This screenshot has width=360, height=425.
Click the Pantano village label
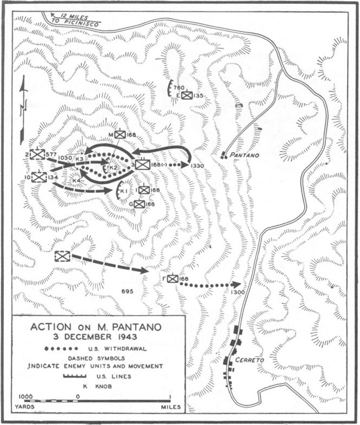245,155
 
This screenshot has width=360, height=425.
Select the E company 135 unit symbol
187,96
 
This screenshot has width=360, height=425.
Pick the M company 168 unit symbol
119,134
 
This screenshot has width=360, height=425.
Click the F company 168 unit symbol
172,279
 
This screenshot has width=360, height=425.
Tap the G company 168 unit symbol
139,204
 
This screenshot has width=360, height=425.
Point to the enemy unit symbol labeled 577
37,155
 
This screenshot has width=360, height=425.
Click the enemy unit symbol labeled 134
39,177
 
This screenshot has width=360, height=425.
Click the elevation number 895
128,292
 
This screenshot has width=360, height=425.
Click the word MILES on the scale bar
166,407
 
